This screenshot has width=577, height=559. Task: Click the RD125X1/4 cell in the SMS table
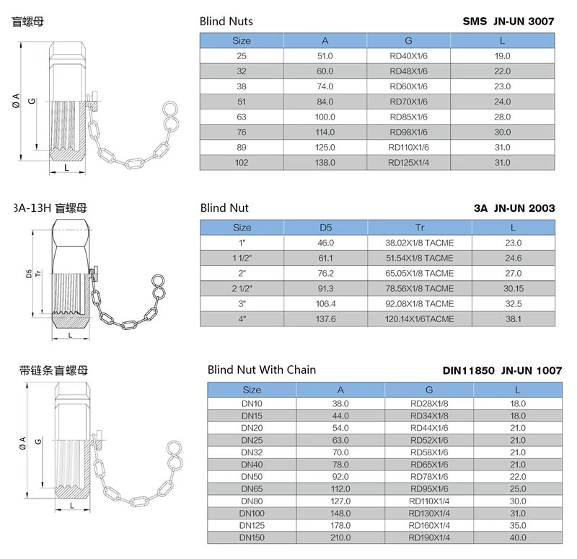(408, 163)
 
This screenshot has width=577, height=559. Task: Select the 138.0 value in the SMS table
(325, 163)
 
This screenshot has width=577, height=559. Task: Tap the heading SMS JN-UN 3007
(508, 22)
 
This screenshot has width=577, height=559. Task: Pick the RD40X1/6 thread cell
(408, 55)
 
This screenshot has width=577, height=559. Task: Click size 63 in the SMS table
(242, 117)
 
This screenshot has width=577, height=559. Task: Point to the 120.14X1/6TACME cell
(420, 319)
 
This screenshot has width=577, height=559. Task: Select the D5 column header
(325, 228)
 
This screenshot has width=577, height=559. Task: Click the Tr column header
(420, 228)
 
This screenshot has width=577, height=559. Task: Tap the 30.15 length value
(514, 289)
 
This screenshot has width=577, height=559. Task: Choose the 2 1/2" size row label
(242, 289)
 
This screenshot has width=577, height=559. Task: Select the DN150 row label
(252, 537)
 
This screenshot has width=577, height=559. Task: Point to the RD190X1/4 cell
(429, 537)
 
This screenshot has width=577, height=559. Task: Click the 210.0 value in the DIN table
(341, 537)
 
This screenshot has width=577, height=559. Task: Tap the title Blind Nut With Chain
(261, 370)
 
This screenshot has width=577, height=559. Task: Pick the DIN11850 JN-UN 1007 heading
(502, 372)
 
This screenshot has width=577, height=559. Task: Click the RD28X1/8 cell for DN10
(429, 403)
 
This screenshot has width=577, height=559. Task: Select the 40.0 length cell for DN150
(517, 537)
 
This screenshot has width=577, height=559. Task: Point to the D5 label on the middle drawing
(29, 274)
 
